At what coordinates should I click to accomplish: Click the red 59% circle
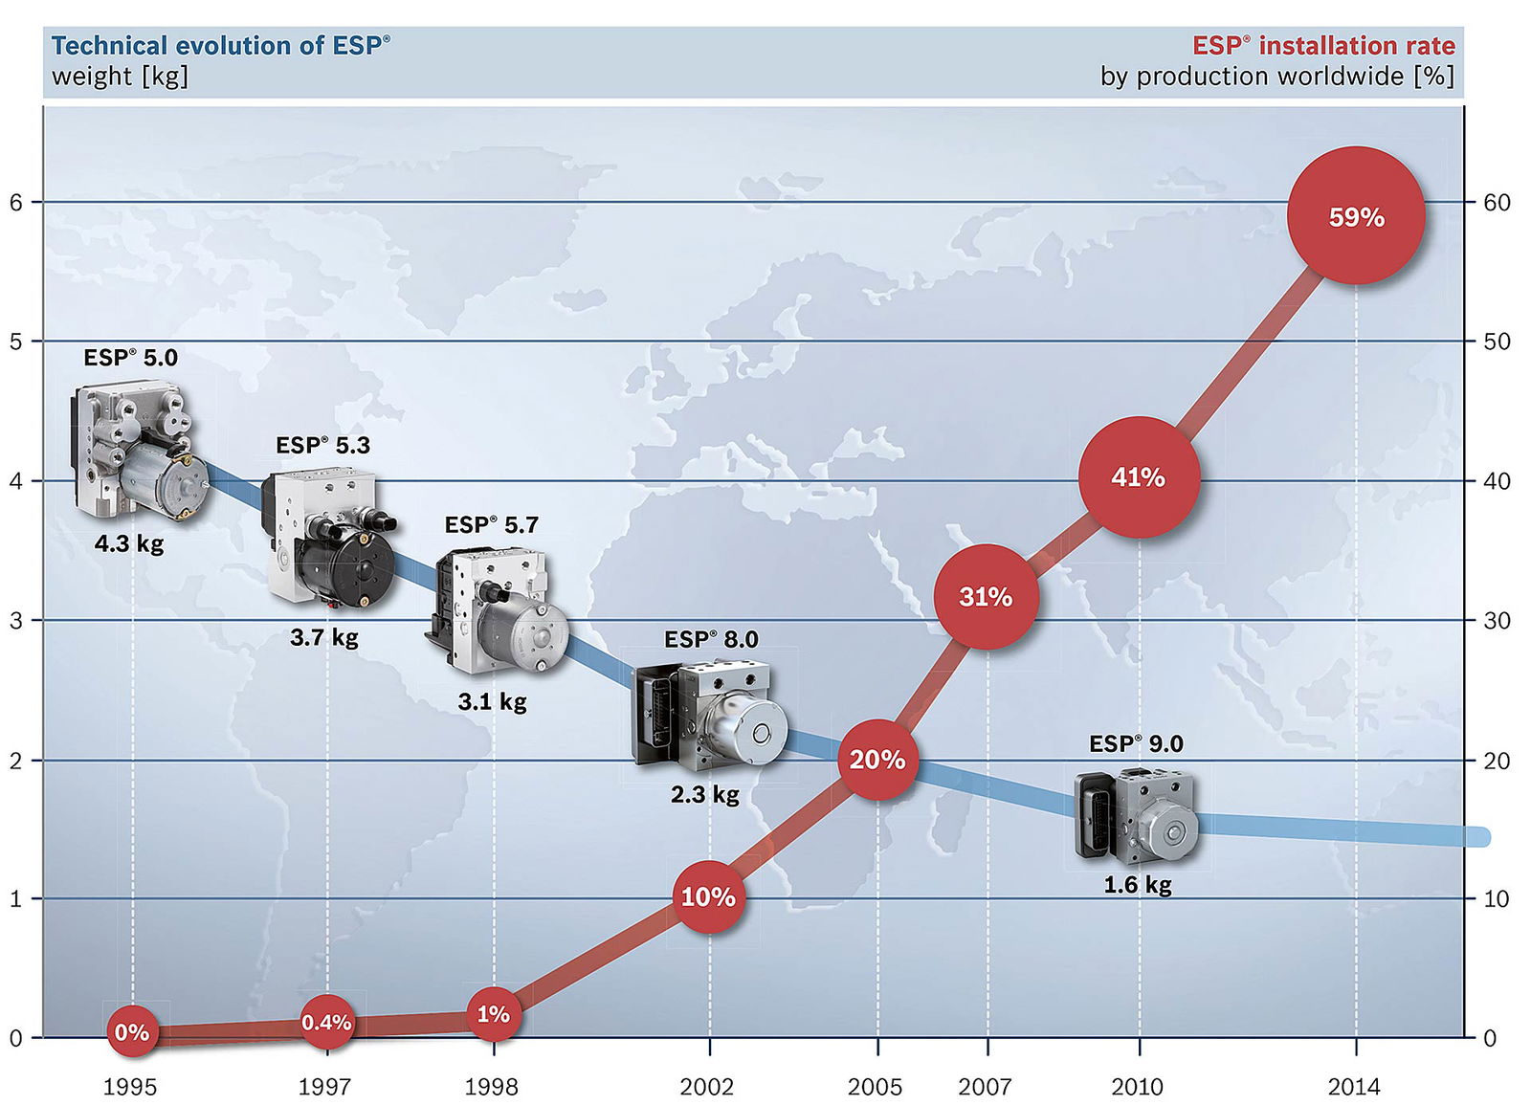pos(1356,216)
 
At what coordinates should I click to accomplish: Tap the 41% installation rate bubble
pos(1139,476)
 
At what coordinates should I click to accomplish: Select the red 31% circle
pos(986,597)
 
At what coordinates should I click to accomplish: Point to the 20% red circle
pos(877,760)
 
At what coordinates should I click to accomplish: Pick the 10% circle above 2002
pos(708,897)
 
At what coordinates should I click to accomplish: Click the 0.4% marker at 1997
pos(327,1023)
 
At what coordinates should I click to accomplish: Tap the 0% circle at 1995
pos(132,1032)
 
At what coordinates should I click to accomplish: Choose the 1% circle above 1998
pos(494,1014)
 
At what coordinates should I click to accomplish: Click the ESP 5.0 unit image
pos(139,451)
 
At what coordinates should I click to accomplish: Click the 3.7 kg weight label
pos(324,637)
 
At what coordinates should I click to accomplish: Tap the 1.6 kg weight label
pos(1138,885)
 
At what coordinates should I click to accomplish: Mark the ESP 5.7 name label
pos(492,525)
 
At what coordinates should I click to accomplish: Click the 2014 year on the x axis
pos(1354,1087)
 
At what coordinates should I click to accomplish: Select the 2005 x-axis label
pos(875,1087)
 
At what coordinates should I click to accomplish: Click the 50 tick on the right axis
pos(1497,342)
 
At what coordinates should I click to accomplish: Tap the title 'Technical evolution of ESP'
pos(221,46)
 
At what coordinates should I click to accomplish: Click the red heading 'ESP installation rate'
pos(1323,46)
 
